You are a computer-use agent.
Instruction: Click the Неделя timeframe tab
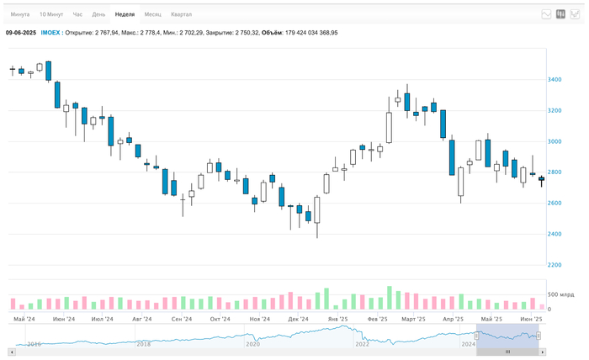tap(125, 14)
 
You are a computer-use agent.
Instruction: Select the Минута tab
tap(21, 14)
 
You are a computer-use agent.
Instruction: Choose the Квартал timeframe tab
tap(181, 14)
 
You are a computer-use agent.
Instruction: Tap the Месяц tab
tap(153, 14)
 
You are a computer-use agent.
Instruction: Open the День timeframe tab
tap(99, 14)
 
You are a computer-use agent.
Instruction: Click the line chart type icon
tap(546, 14)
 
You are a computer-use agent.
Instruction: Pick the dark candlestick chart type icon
tap(560, 14)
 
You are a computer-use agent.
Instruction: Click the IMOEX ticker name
tap(51, 32)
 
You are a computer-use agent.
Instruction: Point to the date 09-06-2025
tap(21, 32)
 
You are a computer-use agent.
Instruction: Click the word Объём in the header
tap(272, 32)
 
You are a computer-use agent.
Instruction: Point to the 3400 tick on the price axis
tap(555, 80)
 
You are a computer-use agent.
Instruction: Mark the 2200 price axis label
tap(555, 265)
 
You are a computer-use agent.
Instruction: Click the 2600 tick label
tap(555, 204)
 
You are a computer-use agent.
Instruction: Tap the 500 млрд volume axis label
tap(560, 294)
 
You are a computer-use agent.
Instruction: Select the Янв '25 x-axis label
tap(338, 320)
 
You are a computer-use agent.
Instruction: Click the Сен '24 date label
tap(180, 320)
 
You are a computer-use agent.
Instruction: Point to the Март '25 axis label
tap(413, 320)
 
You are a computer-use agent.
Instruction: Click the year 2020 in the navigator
tap(252, 344)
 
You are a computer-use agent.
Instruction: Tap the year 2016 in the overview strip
tap(34, 344)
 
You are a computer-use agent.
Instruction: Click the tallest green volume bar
tap(390, 298)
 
